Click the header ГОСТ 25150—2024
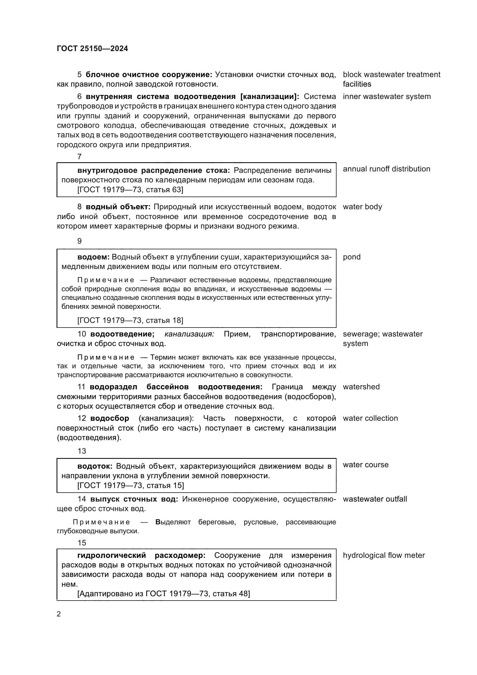[92, 49]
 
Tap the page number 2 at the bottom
[59, 614]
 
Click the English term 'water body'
[362, 207]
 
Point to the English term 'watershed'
[361, 387]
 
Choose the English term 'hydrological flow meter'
[384, 555]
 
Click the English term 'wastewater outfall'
[375, 499]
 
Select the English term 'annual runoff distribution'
[386, 169]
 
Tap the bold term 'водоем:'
[93, 257]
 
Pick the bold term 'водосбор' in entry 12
[110, 418]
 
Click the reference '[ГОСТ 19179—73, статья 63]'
[130, 190]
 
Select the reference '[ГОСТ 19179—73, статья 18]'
[130, 320]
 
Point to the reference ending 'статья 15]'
[131, 485]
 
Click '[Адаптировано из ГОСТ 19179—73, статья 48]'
[164, 594]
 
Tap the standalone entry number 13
[82, 451]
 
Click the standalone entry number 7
[79, 157]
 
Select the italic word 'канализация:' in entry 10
[189, 334]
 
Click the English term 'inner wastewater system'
[386, 97]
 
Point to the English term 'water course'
[365, 465]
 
